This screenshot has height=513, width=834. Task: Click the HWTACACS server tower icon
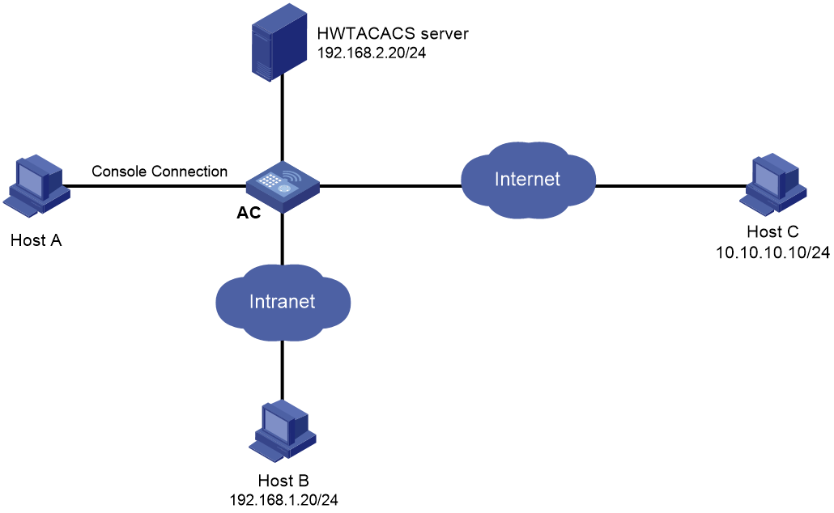279,43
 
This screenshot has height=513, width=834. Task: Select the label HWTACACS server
393,33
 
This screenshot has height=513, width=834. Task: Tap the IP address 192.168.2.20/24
372,53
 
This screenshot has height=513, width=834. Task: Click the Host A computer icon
36,185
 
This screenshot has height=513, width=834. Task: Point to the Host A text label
36,240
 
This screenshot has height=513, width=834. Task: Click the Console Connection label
160,172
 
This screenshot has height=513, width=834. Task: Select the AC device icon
283,187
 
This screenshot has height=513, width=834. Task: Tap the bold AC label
249,213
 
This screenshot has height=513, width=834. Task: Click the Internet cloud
528,180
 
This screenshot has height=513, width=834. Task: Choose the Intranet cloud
283,302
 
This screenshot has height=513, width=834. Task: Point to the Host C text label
772,231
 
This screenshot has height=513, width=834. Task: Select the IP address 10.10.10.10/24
772,252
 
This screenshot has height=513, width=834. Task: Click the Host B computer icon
283,430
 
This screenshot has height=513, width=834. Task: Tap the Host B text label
283,481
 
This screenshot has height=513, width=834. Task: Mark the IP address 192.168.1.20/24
283,500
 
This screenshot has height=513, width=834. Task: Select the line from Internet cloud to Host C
671,186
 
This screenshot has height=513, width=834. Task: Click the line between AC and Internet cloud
390,186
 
